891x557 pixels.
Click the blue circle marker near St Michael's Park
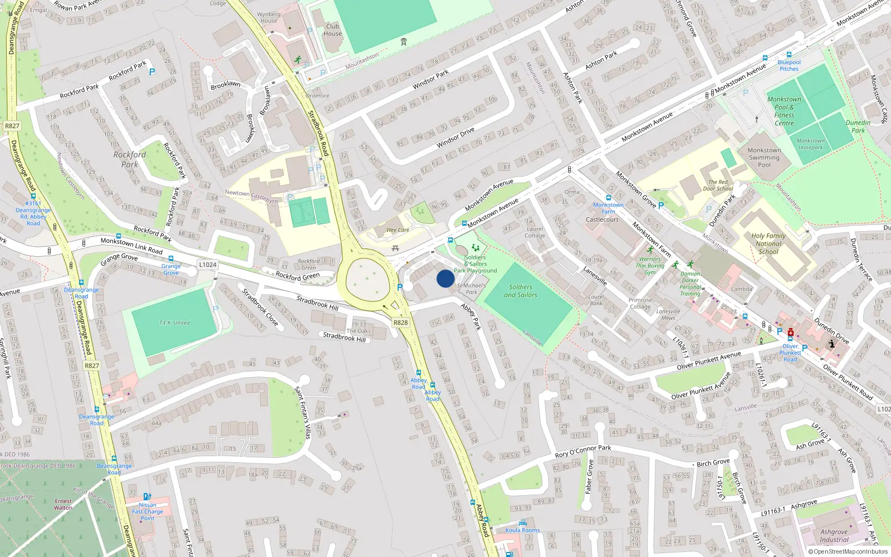click(x=445, y=278)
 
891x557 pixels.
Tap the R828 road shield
click(x=400, y=323)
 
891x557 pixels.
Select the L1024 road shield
click(x=208, y=265)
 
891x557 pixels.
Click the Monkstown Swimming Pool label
click(x=764, y=157)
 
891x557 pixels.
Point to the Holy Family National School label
click(x=768, y=243)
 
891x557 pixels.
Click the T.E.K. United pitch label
click(x=174, y=323)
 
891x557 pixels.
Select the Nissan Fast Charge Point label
click(x=148, y=511)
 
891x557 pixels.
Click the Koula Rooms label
click(x=522, y=530)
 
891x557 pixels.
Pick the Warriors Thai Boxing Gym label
click(x=650, y=266)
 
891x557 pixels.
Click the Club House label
click(x=332, y=30)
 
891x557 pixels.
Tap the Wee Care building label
click(x=398, y=229)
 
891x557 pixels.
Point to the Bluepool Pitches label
click(x=789, y=65)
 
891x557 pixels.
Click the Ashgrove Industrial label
click(x=834, y=536)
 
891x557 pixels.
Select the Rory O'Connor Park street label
click(x=583, y=451)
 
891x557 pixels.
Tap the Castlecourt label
click(x=602, y=219)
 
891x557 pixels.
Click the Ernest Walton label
click(x=63, y=505)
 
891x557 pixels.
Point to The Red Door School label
click(x=718, y=185)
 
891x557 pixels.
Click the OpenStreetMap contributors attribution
click(x=848, y=551)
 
